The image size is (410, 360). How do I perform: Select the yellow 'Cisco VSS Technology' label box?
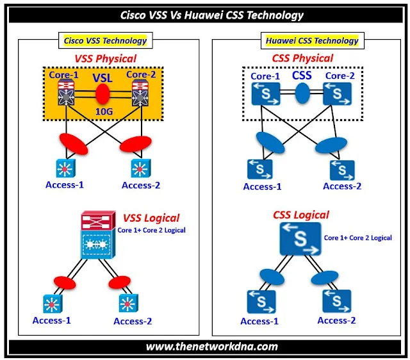(105, 40)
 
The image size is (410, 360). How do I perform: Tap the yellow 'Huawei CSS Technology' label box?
(312, 40)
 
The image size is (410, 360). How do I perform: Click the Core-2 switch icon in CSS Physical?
(336, 94)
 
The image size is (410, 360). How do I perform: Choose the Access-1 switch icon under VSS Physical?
(65, 168)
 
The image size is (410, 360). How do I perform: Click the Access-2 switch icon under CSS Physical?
(342, 169)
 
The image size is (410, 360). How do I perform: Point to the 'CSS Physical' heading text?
(302, 58)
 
